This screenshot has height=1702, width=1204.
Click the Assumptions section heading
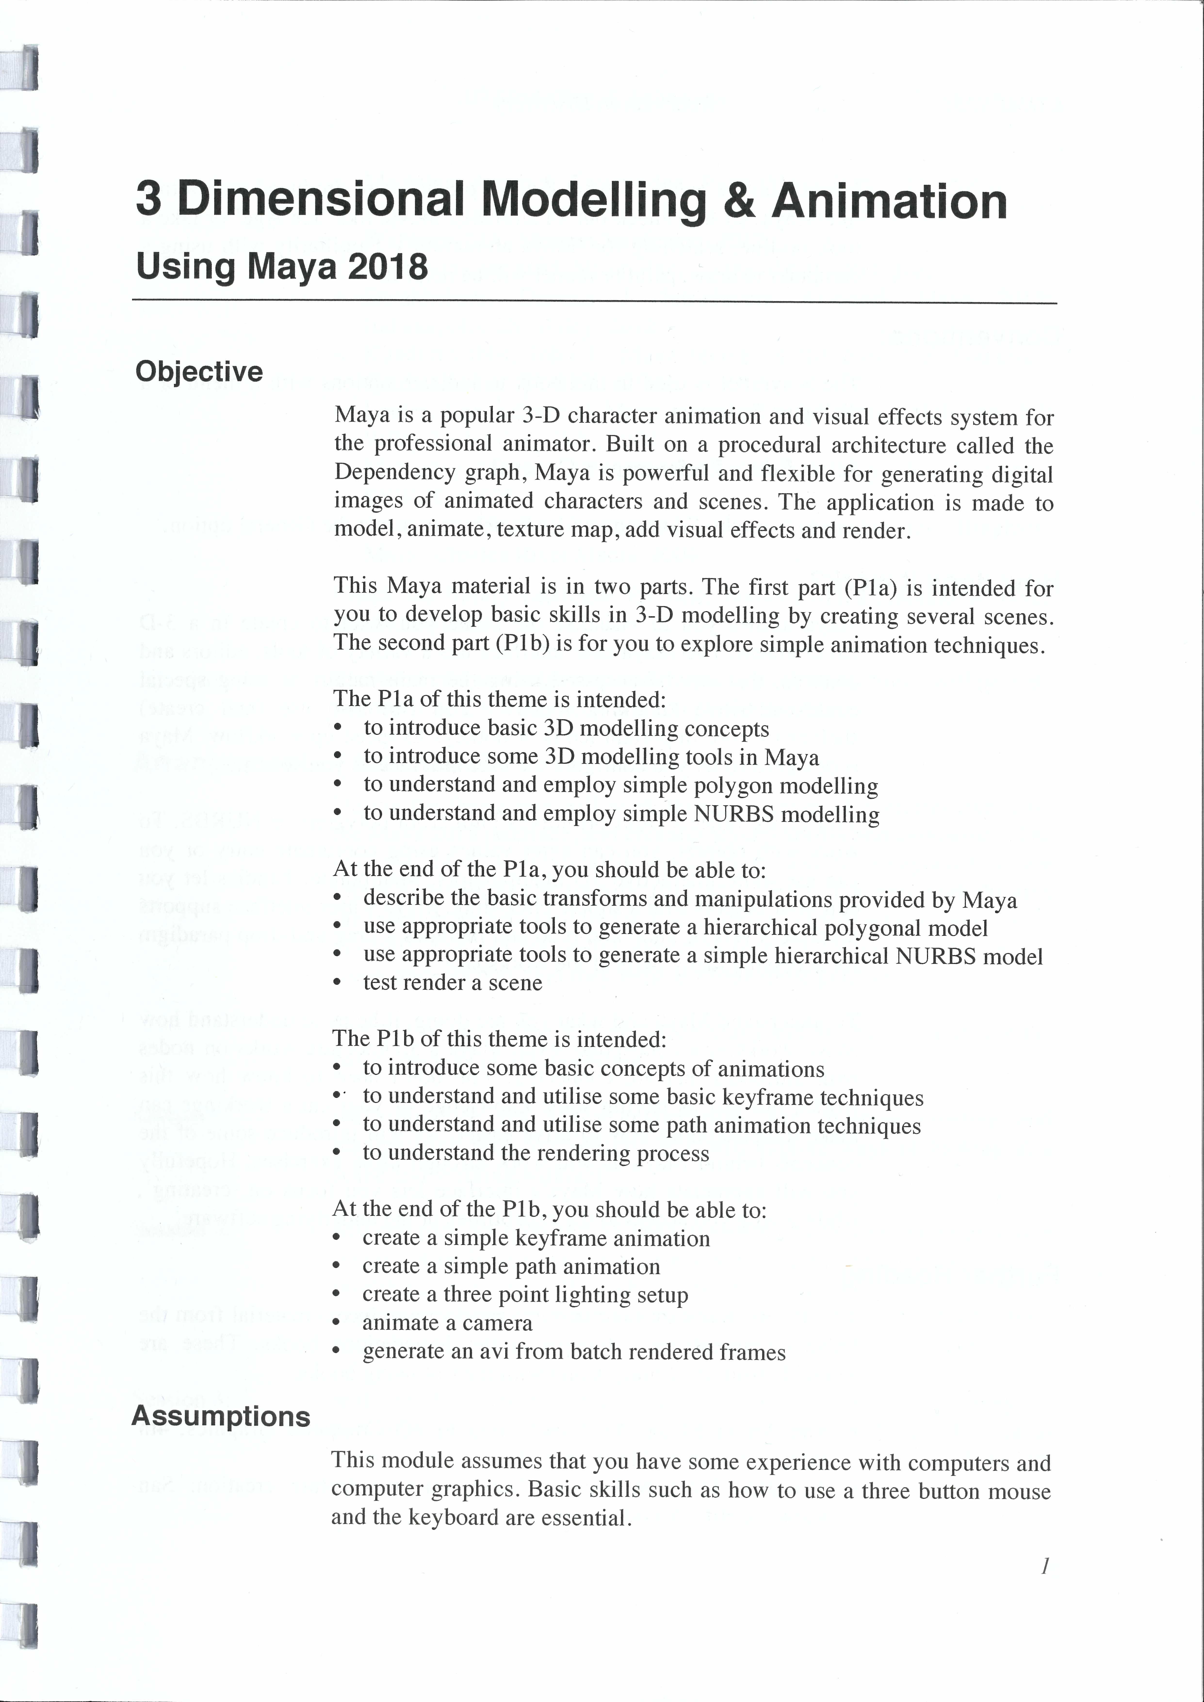(221, 1416)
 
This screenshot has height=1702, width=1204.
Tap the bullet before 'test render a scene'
(337, 984)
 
